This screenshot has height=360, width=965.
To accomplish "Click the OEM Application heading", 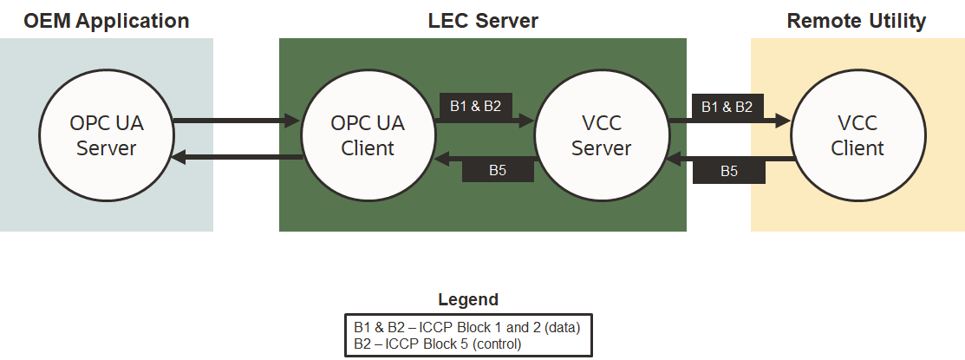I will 107,20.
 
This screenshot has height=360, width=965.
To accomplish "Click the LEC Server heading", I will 483,20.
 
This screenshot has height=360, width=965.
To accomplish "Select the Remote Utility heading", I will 857,20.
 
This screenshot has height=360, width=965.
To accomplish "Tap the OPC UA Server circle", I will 107,135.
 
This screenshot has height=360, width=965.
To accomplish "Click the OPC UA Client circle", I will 368,135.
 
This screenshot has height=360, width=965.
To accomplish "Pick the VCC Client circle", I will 857,135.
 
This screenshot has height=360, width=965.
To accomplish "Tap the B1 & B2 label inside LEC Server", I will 475,106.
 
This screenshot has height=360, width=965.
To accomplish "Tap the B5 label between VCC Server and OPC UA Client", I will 497,170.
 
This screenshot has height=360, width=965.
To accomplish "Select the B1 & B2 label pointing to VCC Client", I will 727,107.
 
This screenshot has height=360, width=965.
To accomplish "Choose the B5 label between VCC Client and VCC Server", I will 729,171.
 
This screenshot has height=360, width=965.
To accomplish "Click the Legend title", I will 468,300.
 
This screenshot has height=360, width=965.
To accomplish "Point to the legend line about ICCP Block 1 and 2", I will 466,328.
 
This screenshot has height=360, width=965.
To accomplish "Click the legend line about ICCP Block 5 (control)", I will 438,344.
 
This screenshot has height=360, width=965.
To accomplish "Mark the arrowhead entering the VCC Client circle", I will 783,122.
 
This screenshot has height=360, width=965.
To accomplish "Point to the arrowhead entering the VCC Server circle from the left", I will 526,122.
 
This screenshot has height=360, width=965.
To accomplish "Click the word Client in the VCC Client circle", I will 857,147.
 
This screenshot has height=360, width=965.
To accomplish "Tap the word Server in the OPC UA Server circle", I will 107,147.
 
